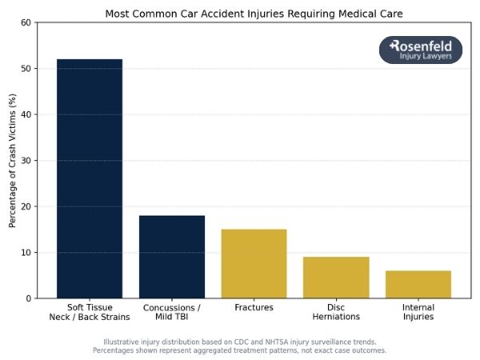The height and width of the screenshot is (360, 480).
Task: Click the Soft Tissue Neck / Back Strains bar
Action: pyautogui.click(x=90, y=178)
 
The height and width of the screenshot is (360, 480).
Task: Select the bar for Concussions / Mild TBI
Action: pyautogui.click(x=172, y=257)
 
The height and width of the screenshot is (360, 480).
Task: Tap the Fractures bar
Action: pyautogui.click(x=254, y=264)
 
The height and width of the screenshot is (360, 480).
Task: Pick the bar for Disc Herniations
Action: pyautogui.click(x=336, y=278)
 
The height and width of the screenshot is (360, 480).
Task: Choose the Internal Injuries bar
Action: pyautogui.click(x=418, y=284)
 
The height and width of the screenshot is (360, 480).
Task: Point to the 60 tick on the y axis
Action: pyautogui.click(x=26, y=22)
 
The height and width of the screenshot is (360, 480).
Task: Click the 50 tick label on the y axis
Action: pyautogui.click(x=26, y=69)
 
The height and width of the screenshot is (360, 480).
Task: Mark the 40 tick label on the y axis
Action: pyautogui.click(x=26, y=114)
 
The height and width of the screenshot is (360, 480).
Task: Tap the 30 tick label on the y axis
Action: pyautogui.click(x=26, y=161)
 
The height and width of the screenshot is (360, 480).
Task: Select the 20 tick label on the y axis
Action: pyautogui.click(x=26, y=206)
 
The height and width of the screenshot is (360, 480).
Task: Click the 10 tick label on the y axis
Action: pyautogui.click(x=26, y=253)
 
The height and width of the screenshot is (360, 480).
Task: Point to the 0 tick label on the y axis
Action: pyautogui.click(x=28, y=298)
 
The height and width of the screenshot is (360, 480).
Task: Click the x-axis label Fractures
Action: pyautogui.click(x=254, y=308)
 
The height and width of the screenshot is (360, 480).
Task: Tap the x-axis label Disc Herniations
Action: pyautogui.click(x=336, y=312)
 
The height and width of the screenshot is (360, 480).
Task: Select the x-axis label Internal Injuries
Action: pyautogui.click(x=418, y=312)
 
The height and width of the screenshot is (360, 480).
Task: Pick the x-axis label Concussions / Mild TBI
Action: pyautogui.click(x=172, y=312)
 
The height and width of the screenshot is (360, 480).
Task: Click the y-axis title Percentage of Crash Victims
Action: pyautogui.click(x=12, y=160)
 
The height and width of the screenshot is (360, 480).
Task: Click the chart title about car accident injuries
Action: pyautogui.click(x=254, y=14)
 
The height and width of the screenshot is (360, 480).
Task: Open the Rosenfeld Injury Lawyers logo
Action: pyautogui.click(x=420, y=50)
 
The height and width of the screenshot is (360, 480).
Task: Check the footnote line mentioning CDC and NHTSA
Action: pyautogui.click(x=240, y=342)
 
